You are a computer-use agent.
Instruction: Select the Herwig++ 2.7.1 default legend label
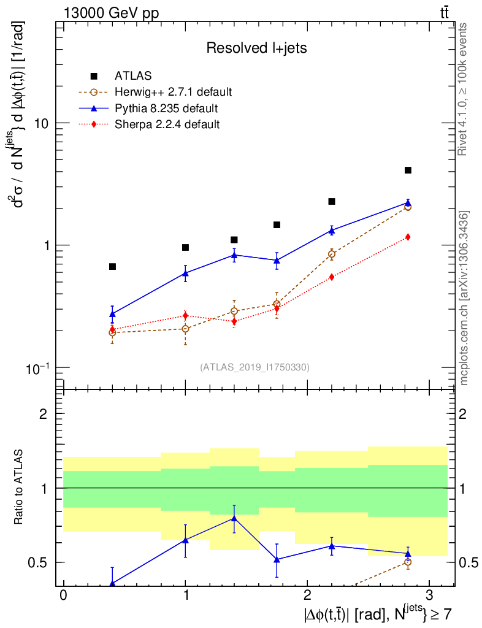pyautogui.click(x=173, y=93)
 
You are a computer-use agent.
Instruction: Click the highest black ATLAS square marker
pyautogui.click(x=408, y=170)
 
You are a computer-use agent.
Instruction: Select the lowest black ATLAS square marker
pyautogui.click(x=112, y=267)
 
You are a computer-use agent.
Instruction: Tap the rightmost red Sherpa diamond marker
pyautogui.click(x=408, y=237)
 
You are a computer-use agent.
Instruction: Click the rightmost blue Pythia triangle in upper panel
pyautogui.click(x=408, y=202)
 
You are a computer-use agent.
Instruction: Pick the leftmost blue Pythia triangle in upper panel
pyautogui.click(x=112, y=313)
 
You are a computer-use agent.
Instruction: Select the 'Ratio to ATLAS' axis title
pyautogui.click(x=20, y=488)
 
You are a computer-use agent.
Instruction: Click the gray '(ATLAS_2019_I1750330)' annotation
pyautogui.click(x=254, y=367)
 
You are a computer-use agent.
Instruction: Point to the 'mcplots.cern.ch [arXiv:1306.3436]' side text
pyautogui.click(x=464, y=298)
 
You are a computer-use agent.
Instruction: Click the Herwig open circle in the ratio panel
pyautogui.click(x=408, y=562)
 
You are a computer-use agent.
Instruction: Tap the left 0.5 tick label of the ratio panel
pyautogui.click(x=42, y=562)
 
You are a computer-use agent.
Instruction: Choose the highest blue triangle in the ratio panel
pyautogui.click(x=234, y=518)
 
